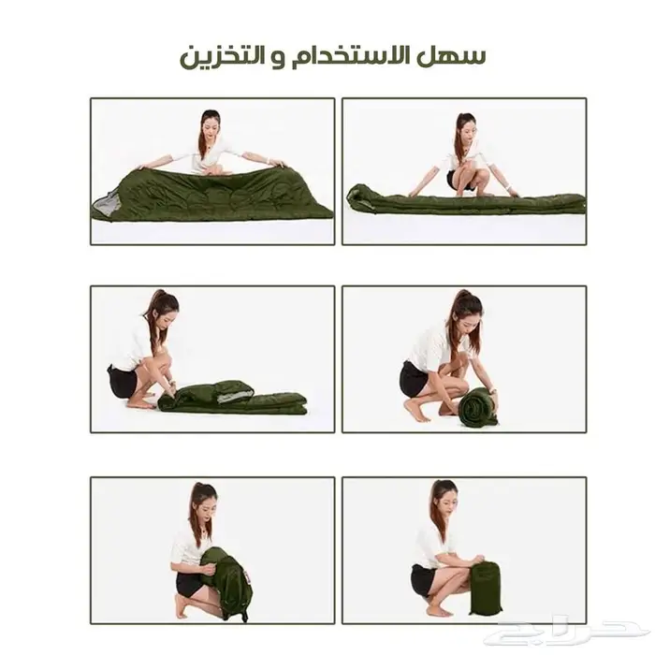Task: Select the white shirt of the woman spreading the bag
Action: [x=214, y=155]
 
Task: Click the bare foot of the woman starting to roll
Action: [x=140, y=404]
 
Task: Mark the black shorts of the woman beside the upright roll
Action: [x=414, y=379]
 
